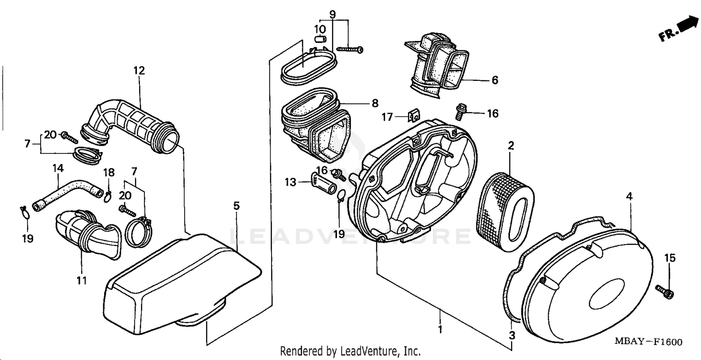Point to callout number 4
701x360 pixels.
[x=629, y=197]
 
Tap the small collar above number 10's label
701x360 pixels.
[x=320, y=39]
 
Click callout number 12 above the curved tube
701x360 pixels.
[x=139, y=71]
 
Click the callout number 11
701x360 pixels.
[x=82, y=281]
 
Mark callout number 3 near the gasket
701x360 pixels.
[x=512, y=335]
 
